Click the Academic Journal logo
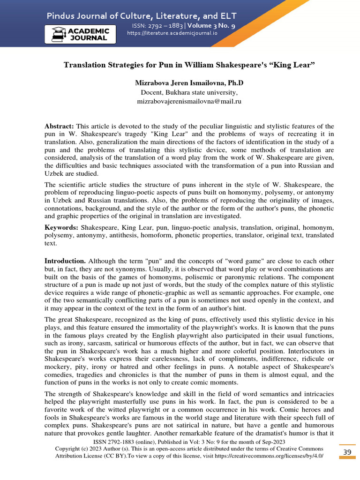80,34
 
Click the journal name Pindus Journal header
141,16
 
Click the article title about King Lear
189,65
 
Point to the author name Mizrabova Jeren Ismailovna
189,83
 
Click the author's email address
189,101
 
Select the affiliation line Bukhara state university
189,92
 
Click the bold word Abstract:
59,127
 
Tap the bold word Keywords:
61,227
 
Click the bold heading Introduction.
65,261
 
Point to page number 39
347,451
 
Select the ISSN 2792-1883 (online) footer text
125,442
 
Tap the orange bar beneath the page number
347,458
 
